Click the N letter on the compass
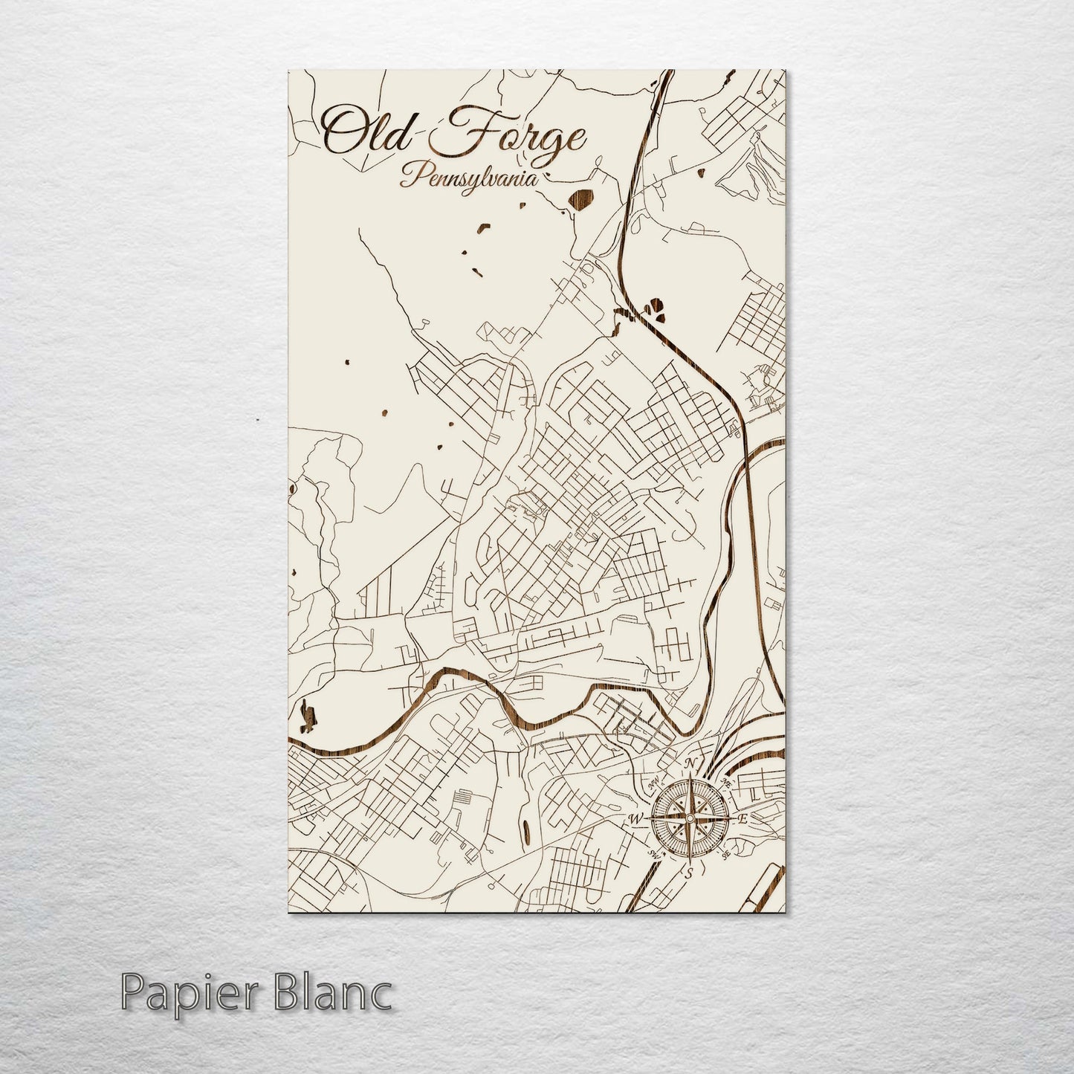(x=690, y=763)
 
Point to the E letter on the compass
(x=742, y=819)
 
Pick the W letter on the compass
(x=636, y=819)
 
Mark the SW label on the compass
(x=655, y=853)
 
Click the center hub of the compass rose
(x=690, y=818)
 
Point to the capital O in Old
(x=338, y=134)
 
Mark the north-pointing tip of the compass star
(x=690, y=777)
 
